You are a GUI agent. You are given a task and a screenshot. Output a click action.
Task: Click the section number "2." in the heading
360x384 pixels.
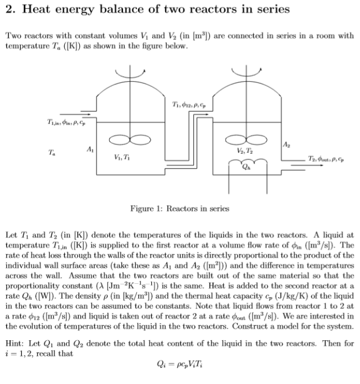(x=9, y=9)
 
